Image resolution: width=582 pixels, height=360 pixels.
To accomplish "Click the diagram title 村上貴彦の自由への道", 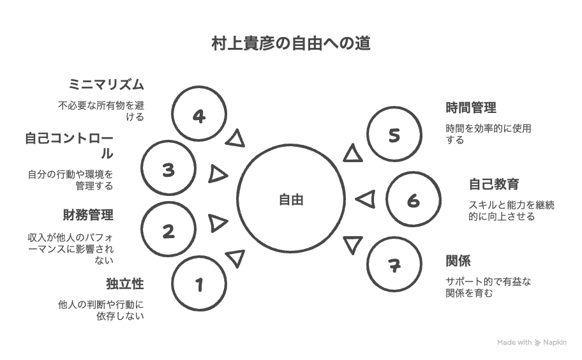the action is [x=291, y=43].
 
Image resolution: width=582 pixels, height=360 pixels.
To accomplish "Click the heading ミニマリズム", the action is [x=106, y=85].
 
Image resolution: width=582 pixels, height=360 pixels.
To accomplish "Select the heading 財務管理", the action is [x=88, y=215].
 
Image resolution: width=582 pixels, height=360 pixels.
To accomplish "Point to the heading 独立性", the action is [x=125, y=284].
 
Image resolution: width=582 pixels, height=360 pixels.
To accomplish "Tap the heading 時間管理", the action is [x=471, y=108].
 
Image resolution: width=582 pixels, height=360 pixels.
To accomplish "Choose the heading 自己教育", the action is [x=494, y=184].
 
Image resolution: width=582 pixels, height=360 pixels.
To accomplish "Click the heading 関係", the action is [x=458, y=261].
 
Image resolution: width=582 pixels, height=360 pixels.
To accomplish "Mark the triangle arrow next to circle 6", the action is [x=366, y=199].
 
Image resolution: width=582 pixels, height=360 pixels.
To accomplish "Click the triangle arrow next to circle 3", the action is [x=218, y=174].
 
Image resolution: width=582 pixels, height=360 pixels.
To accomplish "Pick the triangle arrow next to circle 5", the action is [x=353, y=153].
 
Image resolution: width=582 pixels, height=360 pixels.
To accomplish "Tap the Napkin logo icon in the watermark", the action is [x=537, y=343].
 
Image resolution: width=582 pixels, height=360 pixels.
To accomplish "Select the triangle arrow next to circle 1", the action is [x=235, y=258].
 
